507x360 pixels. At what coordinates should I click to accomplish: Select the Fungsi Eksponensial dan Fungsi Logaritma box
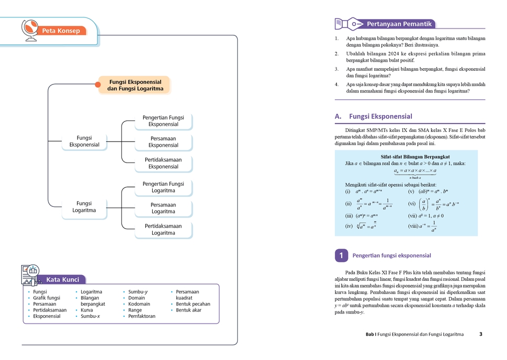pos(135,85)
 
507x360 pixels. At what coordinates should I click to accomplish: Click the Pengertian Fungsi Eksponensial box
pos(163,121)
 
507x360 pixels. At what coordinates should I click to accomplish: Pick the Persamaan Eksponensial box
pos(163,142)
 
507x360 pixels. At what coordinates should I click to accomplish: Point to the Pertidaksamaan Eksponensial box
pos(163,163)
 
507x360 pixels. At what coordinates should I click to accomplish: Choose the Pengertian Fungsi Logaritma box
pos(163,187)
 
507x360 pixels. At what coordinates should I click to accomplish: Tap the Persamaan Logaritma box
pos(163,208)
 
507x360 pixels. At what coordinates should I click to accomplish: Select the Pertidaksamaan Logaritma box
pos(163,230)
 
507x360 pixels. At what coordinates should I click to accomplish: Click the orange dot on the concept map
pos(98,84)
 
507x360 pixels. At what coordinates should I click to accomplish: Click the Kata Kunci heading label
pos(63,280)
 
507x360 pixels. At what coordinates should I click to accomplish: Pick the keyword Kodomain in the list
pos(139,304)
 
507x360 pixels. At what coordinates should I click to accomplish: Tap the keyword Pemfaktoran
pos(142,316)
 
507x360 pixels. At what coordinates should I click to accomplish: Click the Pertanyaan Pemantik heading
pos(399,24)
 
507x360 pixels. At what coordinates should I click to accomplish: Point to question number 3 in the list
pos(336,69)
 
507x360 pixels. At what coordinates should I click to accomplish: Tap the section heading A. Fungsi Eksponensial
pos(373,117)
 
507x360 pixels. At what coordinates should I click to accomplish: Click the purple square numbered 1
pos(341,255)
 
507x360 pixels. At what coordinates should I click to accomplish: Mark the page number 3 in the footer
pos(481,334)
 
